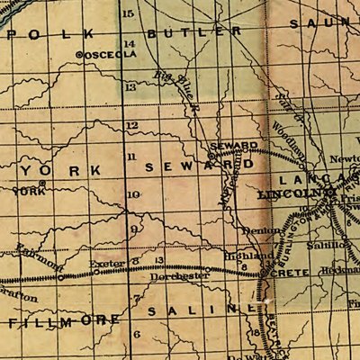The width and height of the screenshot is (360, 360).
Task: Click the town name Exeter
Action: (x=106, y=264)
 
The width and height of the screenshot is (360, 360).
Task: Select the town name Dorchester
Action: (x=185, y=276)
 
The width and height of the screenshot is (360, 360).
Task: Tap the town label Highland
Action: (x=247, y=256)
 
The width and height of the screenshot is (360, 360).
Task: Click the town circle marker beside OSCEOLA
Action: (x=79, y=54)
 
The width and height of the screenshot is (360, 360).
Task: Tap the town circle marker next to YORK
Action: (x=41, y=184)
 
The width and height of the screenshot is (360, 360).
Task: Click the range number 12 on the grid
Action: (x=132, y=124)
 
